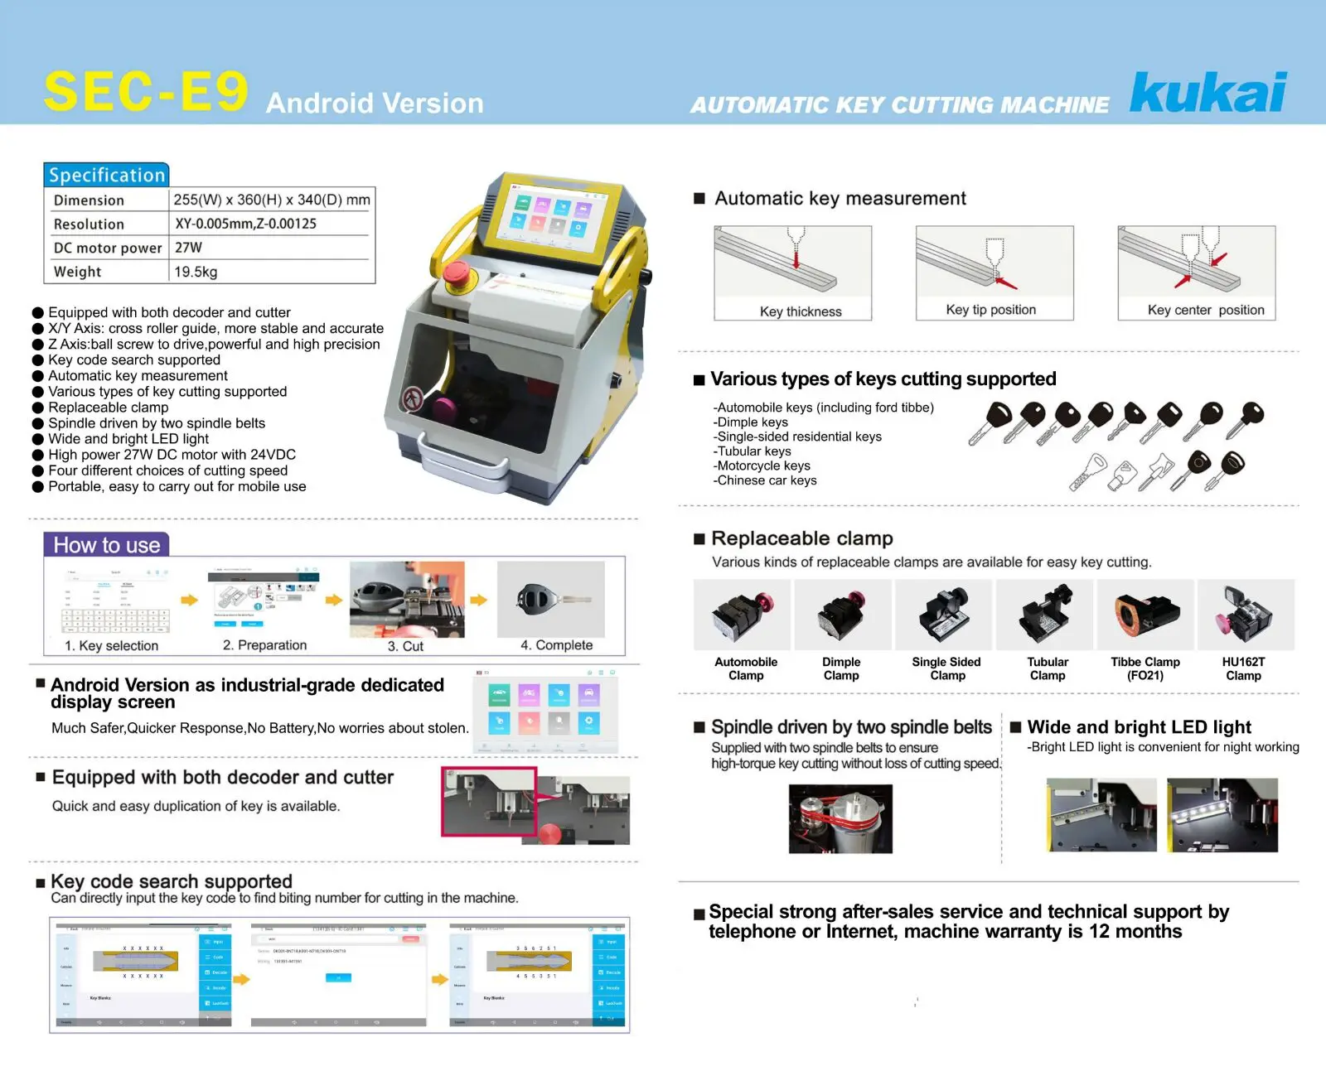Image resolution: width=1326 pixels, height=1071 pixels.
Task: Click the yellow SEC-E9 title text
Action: coord(146,91)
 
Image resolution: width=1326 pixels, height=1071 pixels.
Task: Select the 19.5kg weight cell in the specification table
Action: coord(196,272)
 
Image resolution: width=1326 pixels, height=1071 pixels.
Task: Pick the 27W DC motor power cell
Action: coord(188,248)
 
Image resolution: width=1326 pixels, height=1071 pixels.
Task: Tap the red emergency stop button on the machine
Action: coord(457,274)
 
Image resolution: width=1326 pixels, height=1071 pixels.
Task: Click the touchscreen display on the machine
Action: coord(548,217)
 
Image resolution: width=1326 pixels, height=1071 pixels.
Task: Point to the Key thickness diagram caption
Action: coord(800,311)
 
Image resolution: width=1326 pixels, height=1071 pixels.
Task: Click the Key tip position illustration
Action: coord(994,263)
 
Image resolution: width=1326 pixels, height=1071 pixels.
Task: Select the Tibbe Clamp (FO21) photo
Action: coord(1145,615)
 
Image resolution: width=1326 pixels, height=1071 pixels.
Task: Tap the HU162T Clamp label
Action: coord(1243,668)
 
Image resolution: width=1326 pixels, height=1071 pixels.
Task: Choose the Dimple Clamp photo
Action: coord(841,615)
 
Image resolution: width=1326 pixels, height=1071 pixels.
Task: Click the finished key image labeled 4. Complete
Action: coord(551,599)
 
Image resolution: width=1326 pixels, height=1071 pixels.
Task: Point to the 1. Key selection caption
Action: coord(111,645)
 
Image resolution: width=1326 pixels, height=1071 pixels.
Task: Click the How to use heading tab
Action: coord(106,545)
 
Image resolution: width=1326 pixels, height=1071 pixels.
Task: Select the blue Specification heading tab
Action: coord(106,175)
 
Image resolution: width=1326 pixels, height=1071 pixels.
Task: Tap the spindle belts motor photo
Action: coord(840,818)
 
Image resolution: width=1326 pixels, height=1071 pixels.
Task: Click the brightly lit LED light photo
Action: coord(1222,815)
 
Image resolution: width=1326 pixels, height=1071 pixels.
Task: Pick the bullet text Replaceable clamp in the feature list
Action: coord(108,408)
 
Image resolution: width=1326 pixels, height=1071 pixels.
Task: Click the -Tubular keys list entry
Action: coord(753,451)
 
